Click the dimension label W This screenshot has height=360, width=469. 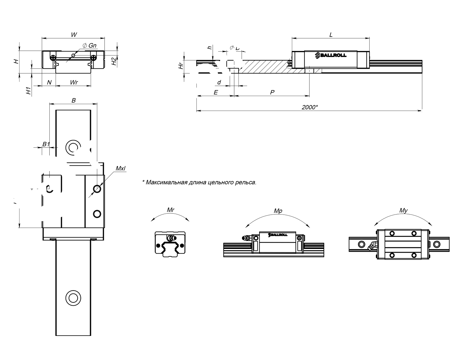[x=74, y=35]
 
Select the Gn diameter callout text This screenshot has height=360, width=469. [x=90, y=46]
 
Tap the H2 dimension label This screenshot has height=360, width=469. [x=114, y=61]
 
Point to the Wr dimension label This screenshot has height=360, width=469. [x=74, y=83]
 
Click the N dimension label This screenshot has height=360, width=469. [x=49, y=83]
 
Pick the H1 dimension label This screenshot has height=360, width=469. [x=28, y=91]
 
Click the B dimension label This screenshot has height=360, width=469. [x=73, y=100]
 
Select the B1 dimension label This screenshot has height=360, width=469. [x=46, y=144]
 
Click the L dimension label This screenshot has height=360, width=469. [x=331, y=35]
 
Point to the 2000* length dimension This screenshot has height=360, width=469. [x=310, y=107]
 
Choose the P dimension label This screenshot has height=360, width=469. [x=272, y=93]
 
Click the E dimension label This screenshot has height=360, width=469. [x=215, y=93]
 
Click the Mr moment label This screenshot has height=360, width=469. [x=170, y=210]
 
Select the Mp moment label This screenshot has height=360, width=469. [x=278, y=211]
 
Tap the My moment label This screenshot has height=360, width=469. [x=403, y=211]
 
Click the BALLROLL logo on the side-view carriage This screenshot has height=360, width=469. [x=331, y=55]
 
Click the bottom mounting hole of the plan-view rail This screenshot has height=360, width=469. [x=73, y=297]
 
